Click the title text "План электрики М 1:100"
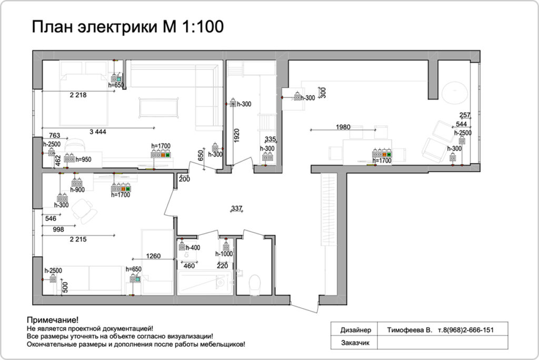coord(128,27)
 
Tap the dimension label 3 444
coord(98,132)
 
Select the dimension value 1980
coord(343,127)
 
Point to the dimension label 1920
coord(236,135)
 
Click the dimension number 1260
coord(153,256)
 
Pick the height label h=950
coord(84,159)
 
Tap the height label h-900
coord(77,189)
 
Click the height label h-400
coord(193,247)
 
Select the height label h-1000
coord(224,254)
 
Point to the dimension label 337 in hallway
coord(236,208)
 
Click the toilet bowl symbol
coord(255,284)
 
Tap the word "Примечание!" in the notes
coord(53,320)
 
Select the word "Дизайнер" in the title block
coord(356,330)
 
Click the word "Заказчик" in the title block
coord(355,343)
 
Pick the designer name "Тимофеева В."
coord(410,330)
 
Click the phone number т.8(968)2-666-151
coord(466,330)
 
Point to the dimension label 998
coord(58,229)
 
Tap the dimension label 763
coord(54,135)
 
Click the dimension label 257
coord(465,115)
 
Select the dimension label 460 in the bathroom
coord(189,265)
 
